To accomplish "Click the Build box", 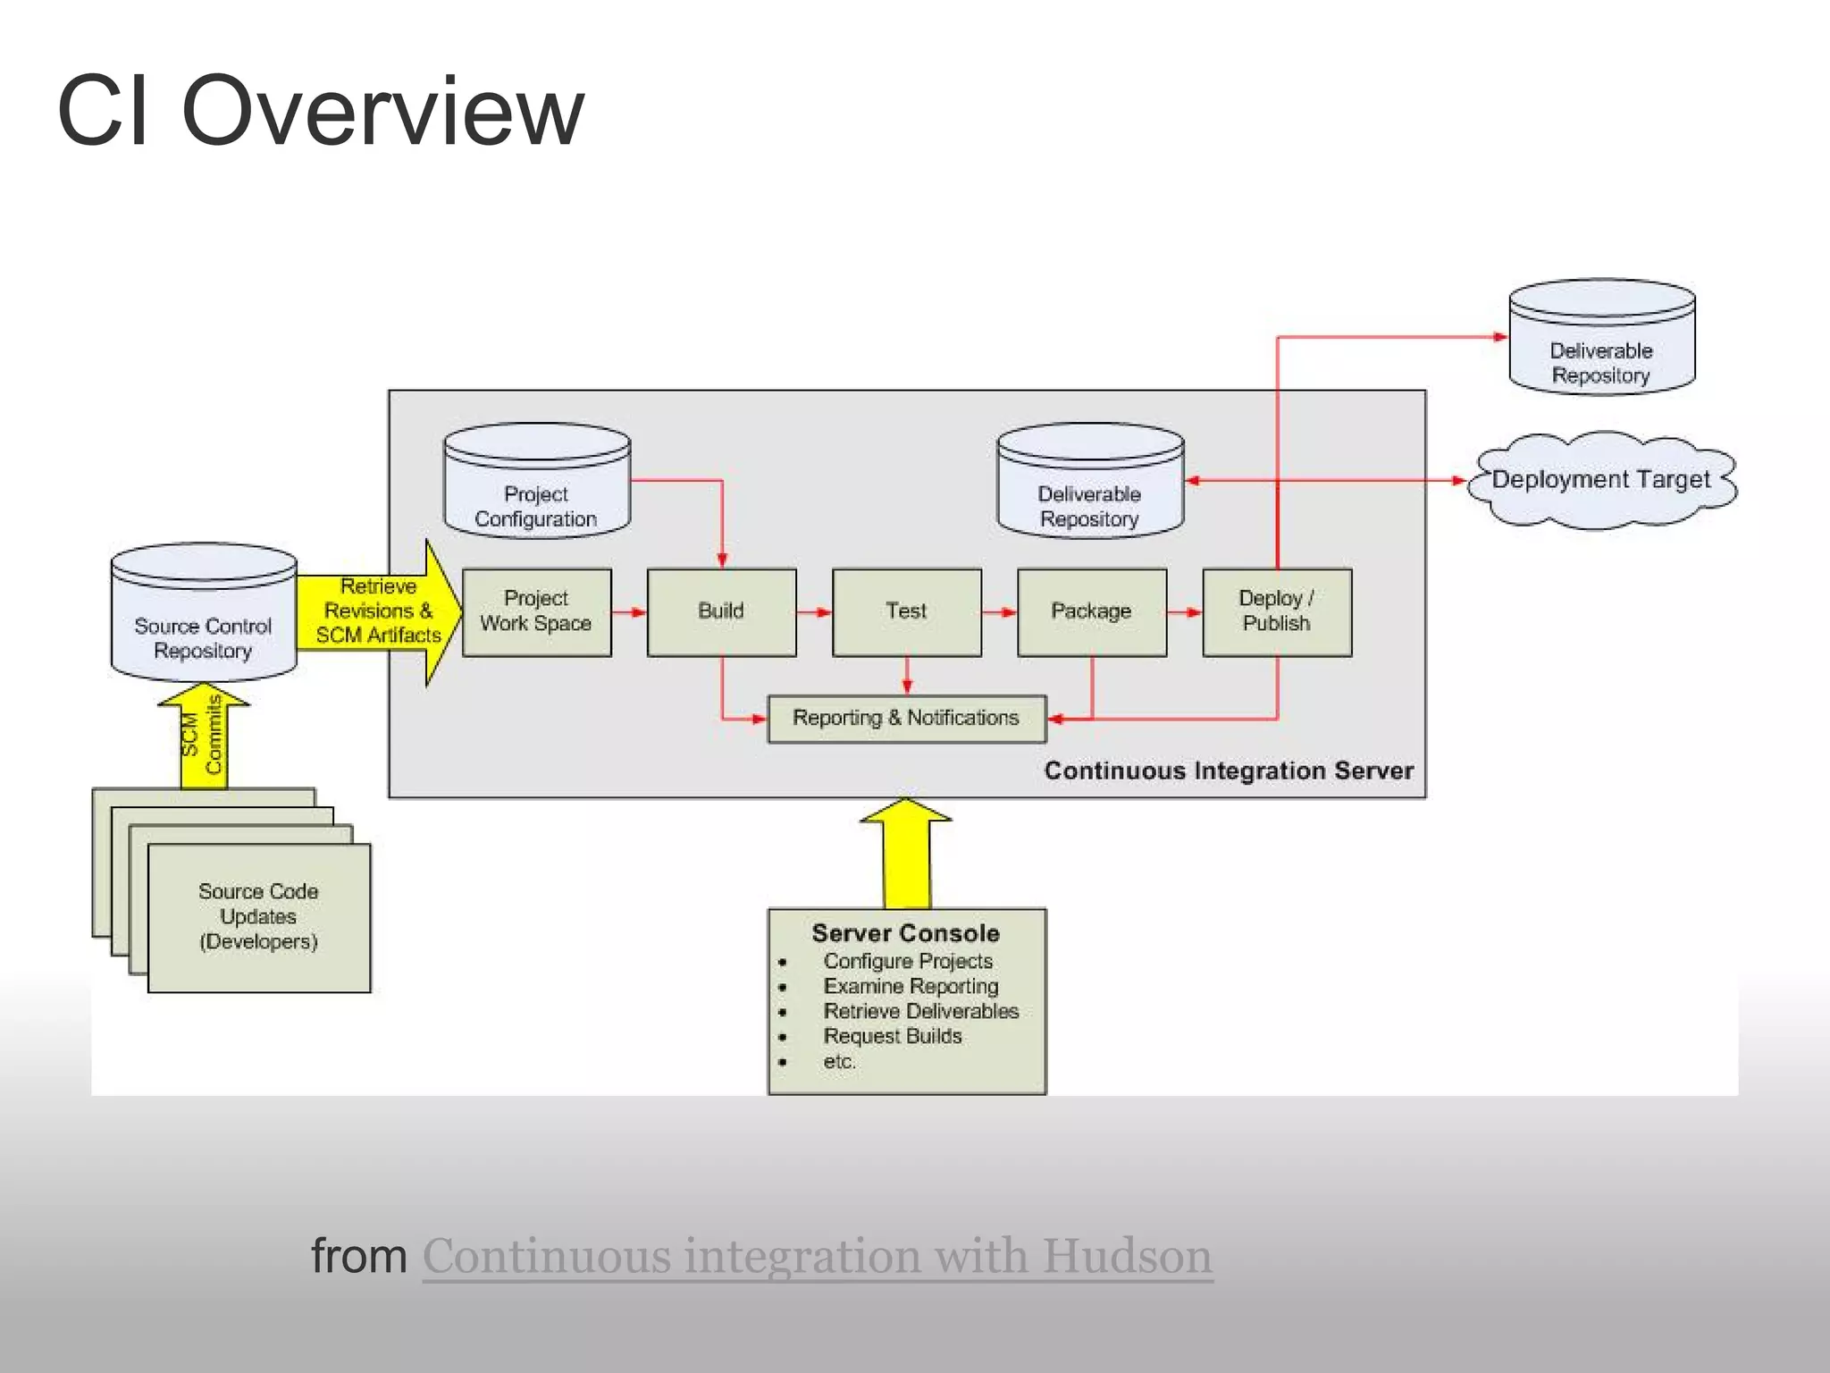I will click(721, 612).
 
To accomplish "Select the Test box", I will click(906, 612).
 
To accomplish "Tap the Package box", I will click(1091, 612).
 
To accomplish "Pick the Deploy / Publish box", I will click(1276, 612).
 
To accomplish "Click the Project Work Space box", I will click(536, 612).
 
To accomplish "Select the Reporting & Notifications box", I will click(906, 719).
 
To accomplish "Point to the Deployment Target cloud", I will click(1601, 481).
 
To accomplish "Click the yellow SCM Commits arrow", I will click(204, 737).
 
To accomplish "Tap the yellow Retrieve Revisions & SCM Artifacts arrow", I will click(380, 612).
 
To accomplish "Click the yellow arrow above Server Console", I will click(906, 854).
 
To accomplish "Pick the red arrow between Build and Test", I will click(813, 612).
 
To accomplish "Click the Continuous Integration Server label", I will click(1229, 771).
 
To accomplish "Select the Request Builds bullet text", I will click(892, 1036).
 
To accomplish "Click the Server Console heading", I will click(905, 933).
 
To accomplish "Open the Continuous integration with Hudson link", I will click(817, 1256).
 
